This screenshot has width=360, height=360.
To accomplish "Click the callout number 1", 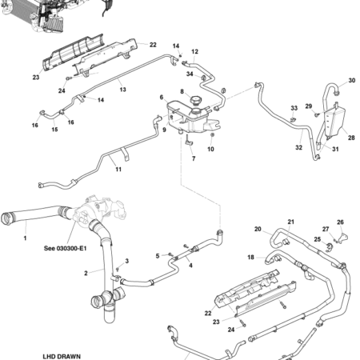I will [25, 238].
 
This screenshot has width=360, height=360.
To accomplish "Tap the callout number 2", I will [85, 273].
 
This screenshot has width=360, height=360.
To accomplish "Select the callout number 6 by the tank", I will [161, 97].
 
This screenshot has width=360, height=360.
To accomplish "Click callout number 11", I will [118, 170].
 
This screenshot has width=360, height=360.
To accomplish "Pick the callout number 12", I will [194, 51].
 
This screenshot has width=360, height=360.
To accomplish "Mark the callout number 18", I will [250, 258].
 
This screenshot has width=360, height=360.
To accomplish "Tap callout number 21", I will [291, 222].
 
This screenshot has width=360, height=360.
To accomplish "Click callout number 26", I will [339, 222].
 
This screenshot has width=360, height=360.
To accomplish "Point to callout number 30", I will [350, 81].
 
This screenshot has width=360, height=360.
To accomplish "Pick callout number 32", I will [298, 147].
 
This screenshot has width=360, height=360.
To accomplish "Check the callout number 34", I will [190, 74].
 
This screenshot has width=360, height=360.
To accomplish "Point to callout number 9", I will [164, 130].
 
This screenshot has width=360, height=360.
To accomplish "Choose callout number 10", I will [211, 148].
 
